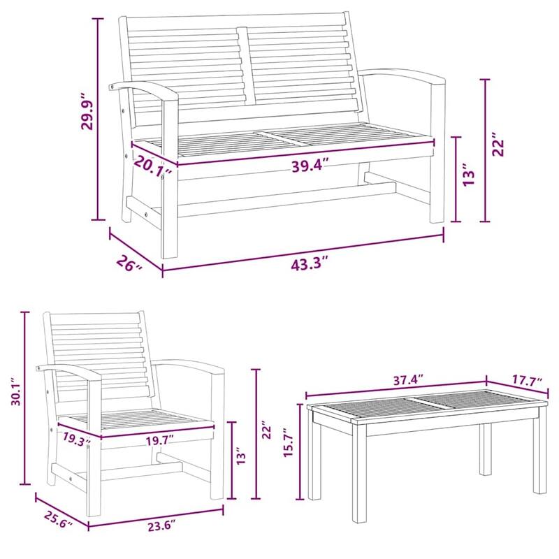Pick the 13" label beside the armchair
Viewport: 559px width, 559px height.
tap(241, 459)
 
